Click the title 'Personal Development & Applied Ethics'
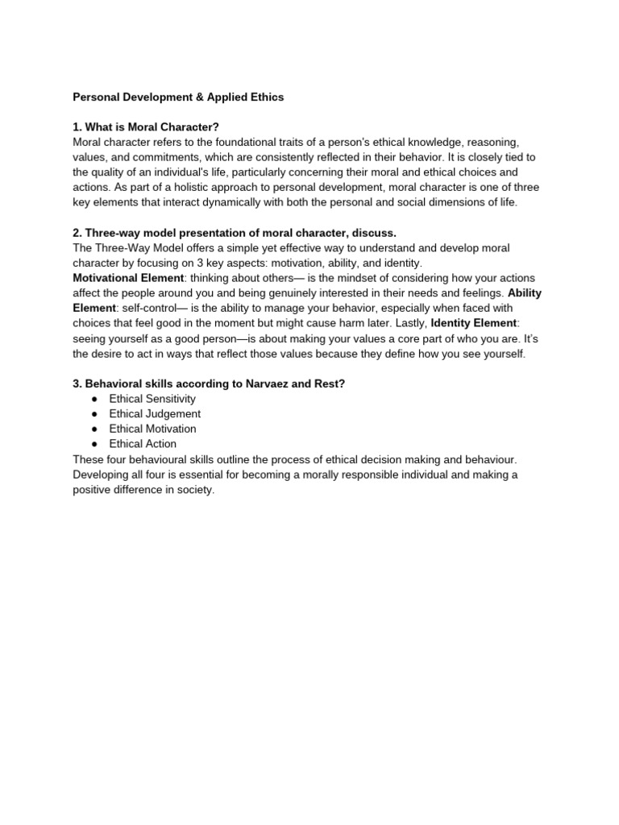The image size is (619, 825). click(x=178, y=97)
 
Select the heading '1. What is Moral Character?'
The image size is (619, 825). click(x=146, y=127)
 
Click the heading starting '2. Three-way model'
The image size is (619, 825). click(x=235, y=233)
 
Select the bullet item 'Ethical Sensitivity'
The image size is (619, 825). click(x=152, y=399)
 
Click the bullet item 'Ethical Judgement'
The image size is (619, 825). click(x=155, y=414)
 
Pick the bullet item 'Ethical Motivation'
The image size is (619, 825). click(x=152, y=429)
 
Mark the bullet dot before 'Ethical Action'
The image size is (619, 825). click(x=94, y=444)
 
